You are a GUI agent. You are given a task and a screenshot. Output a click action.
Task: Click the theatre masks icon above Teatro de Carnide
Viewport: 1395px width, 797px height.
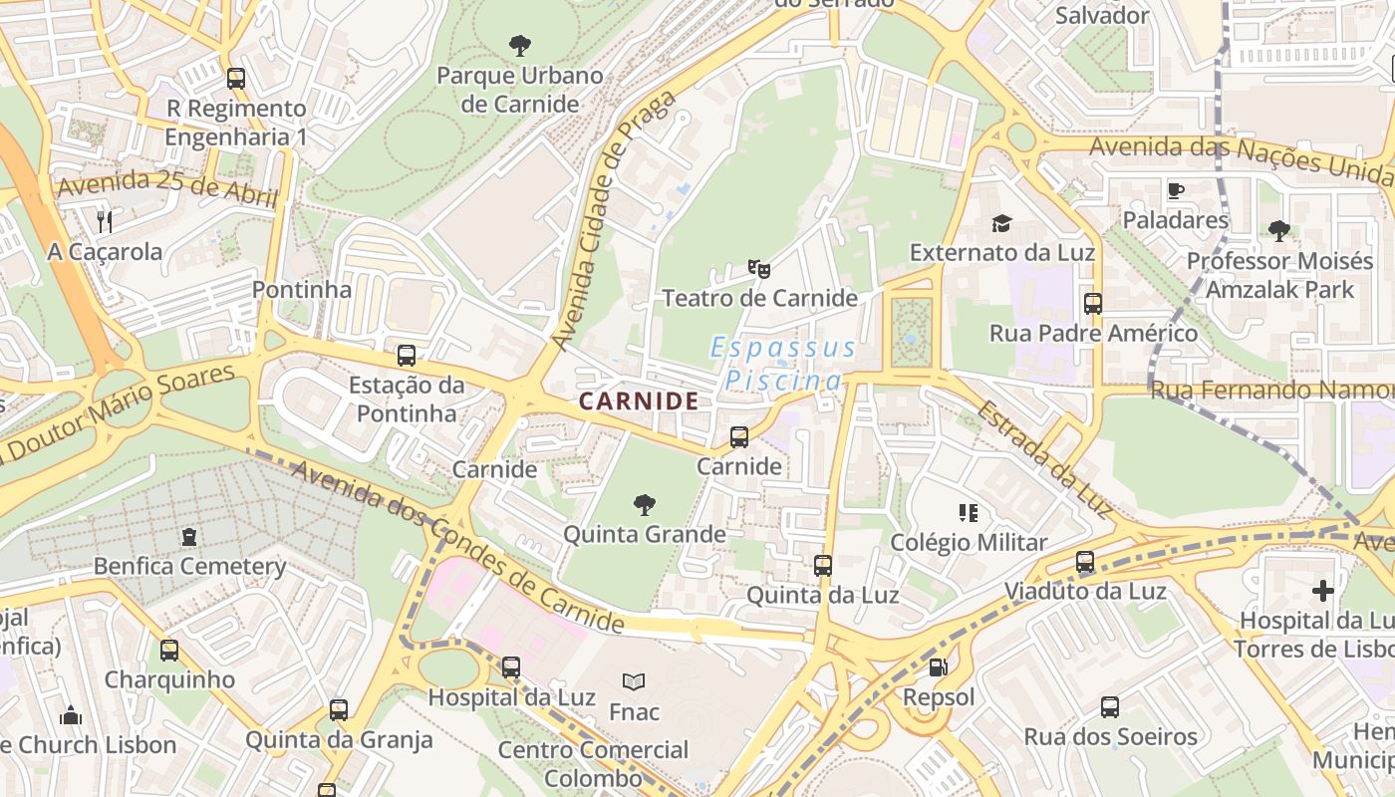(x=759, y=268)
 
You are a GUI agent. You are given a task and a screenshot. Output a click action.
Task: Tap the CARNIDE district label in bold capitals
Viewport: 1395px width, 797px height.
(x=639, y=401)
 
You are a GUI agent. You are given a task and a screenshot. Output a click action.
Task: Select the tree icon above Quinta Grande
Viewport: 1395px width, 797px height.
(x=645, y=505)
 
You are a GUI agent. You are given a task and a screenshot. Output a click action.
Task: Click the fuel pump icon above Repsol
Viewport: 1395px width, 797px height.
(x=938, y=667)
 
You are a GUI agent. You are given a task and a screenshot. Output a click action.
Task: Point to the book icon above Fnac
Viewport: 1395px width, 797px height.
(x=634, y=681)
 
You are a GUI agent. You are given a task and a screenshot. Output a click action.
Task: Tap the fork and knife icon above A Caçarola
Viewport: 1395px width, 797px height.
(x=105, y=221)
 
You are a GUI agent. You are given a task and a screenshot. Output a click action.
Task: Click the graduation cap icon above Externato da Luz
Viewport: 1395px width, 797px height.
(x=1001, y=223)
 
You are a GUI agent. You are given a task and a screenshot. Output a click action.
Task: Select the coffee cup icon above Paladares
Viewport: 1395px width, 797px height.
(x=1176, y=190)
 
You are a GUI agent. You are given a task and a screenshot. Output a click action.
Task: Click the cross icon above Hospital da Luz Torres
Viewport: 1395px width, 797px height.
(x=1323, y=591)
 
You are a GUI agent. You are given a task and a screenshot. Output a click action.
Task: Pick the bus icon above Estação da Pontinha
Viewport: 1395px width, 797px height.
(x=406, y=356)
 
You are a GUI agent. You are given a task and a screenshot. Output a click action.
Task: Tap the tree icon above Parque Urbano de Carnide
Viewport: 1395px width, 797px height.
(x=519, y=45)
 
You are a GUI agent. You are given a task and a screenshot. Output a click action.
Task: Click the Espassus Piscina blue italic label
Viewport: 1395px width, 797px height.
(x=783, y=364)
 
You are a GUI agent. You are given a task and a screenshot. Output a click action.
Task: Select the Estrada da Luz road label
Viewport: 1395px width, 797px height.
(x=1043, y=458)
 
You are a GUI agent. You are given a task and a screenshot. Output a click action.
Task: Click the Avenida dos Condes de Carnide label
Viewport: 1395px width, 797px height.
(x=458, y=547)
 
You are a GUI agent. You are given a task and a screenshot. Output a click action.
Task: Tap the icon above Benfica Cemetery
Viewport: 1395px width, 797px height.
(x=189, y=538)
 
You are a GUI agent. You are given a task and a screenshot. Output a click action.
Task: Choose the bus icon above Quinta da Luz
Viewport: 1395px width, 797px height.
(x=822, y=566)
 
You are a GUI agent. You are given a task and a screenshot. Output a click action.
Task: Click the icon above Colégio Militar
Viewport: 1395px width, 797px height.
(x=968, y=513)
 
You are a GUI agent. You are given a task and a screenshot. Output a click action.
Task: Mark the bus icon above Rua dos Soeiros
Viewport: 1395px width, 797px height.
(x=1110, y=707)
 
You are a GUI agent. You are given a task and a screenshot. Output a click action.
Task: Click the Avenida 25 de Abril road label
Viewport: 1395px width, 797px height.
(x=166, y=188)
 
